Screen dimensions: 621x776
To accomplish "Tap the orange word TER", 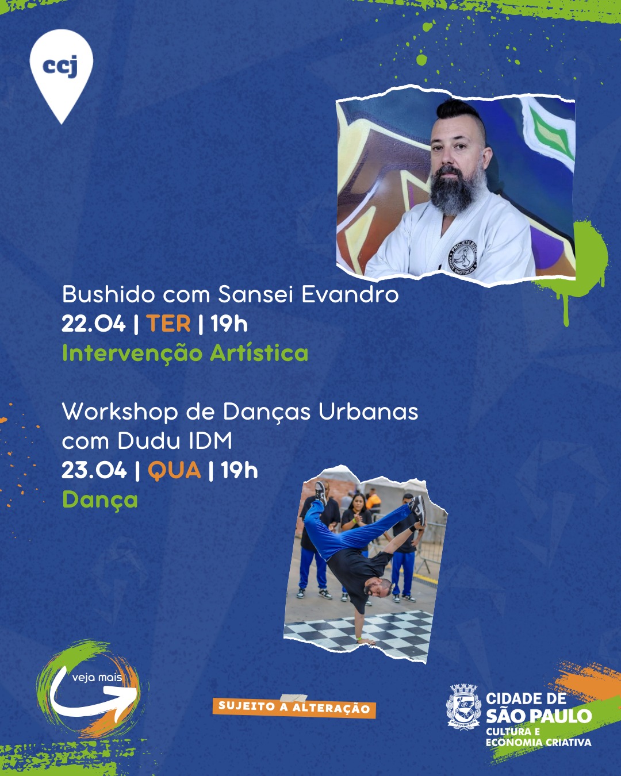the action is [x=168, y=324].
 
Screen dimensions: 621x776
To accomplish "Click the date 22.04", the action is [x=94, y=324].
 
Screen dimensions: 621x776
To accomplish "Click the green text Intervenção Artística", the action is [x=186, y=353].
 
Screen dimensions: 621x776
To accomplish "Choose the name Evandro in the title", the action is [x=350, y=294].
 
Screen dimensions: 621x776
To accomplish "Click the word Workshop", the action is [x=120, y=412].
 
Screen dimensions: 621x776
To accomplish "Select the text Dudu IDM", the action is [x=175, y=441].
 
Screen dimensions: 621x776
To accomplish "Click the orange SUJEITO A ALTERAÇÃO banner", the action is [x=294, y=708].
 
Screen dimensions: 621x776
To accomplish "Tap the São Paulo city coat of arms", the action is [x=463, y=707].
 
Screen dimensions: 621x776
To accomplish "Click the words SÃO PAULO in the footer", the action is [x=539, y=716].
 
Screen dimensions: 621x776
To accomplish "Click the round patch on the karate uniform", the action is [x=463, y=257].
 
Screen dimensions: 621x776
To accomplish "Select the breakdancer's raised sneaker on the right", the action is [x=419, y=509].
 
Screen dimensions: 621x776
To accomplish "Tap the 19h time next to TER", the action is [x=229, y=324].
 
